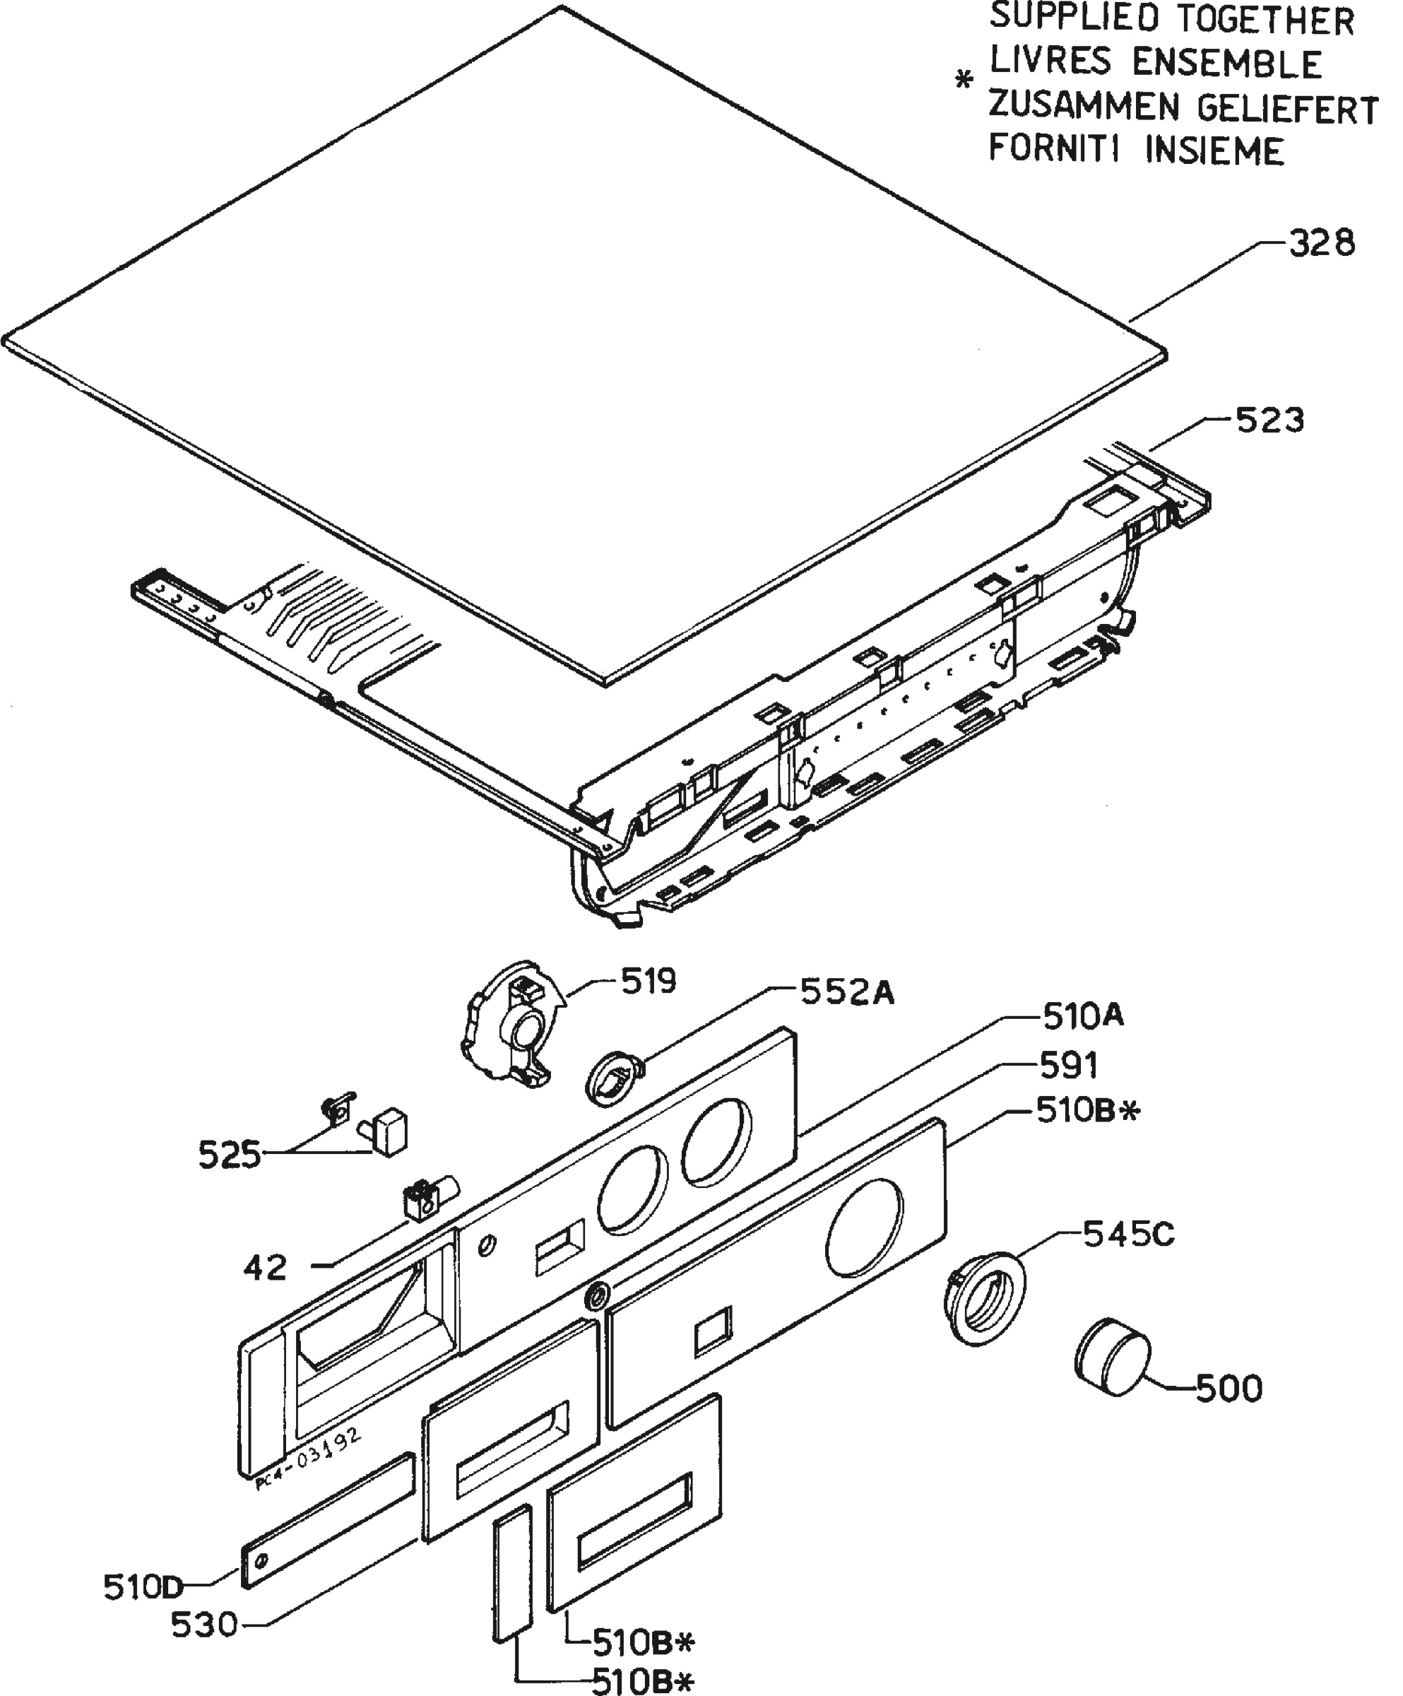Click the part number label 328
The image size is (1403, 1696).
coord(1322,243)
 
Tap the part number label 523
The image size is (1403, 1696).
coord(1269,420)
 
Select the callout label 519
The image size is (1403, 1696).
coord(649,982)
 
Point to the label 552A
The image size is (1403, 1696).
coord(847,994)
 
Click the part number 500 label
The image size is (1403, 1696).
coord(1228,1389)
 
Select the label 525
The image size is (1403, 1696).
coord(230,1155)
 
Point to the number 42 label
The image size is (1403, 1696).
coord(265,1268)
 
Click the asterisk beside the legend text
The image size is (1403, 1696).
coord(962,81)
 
